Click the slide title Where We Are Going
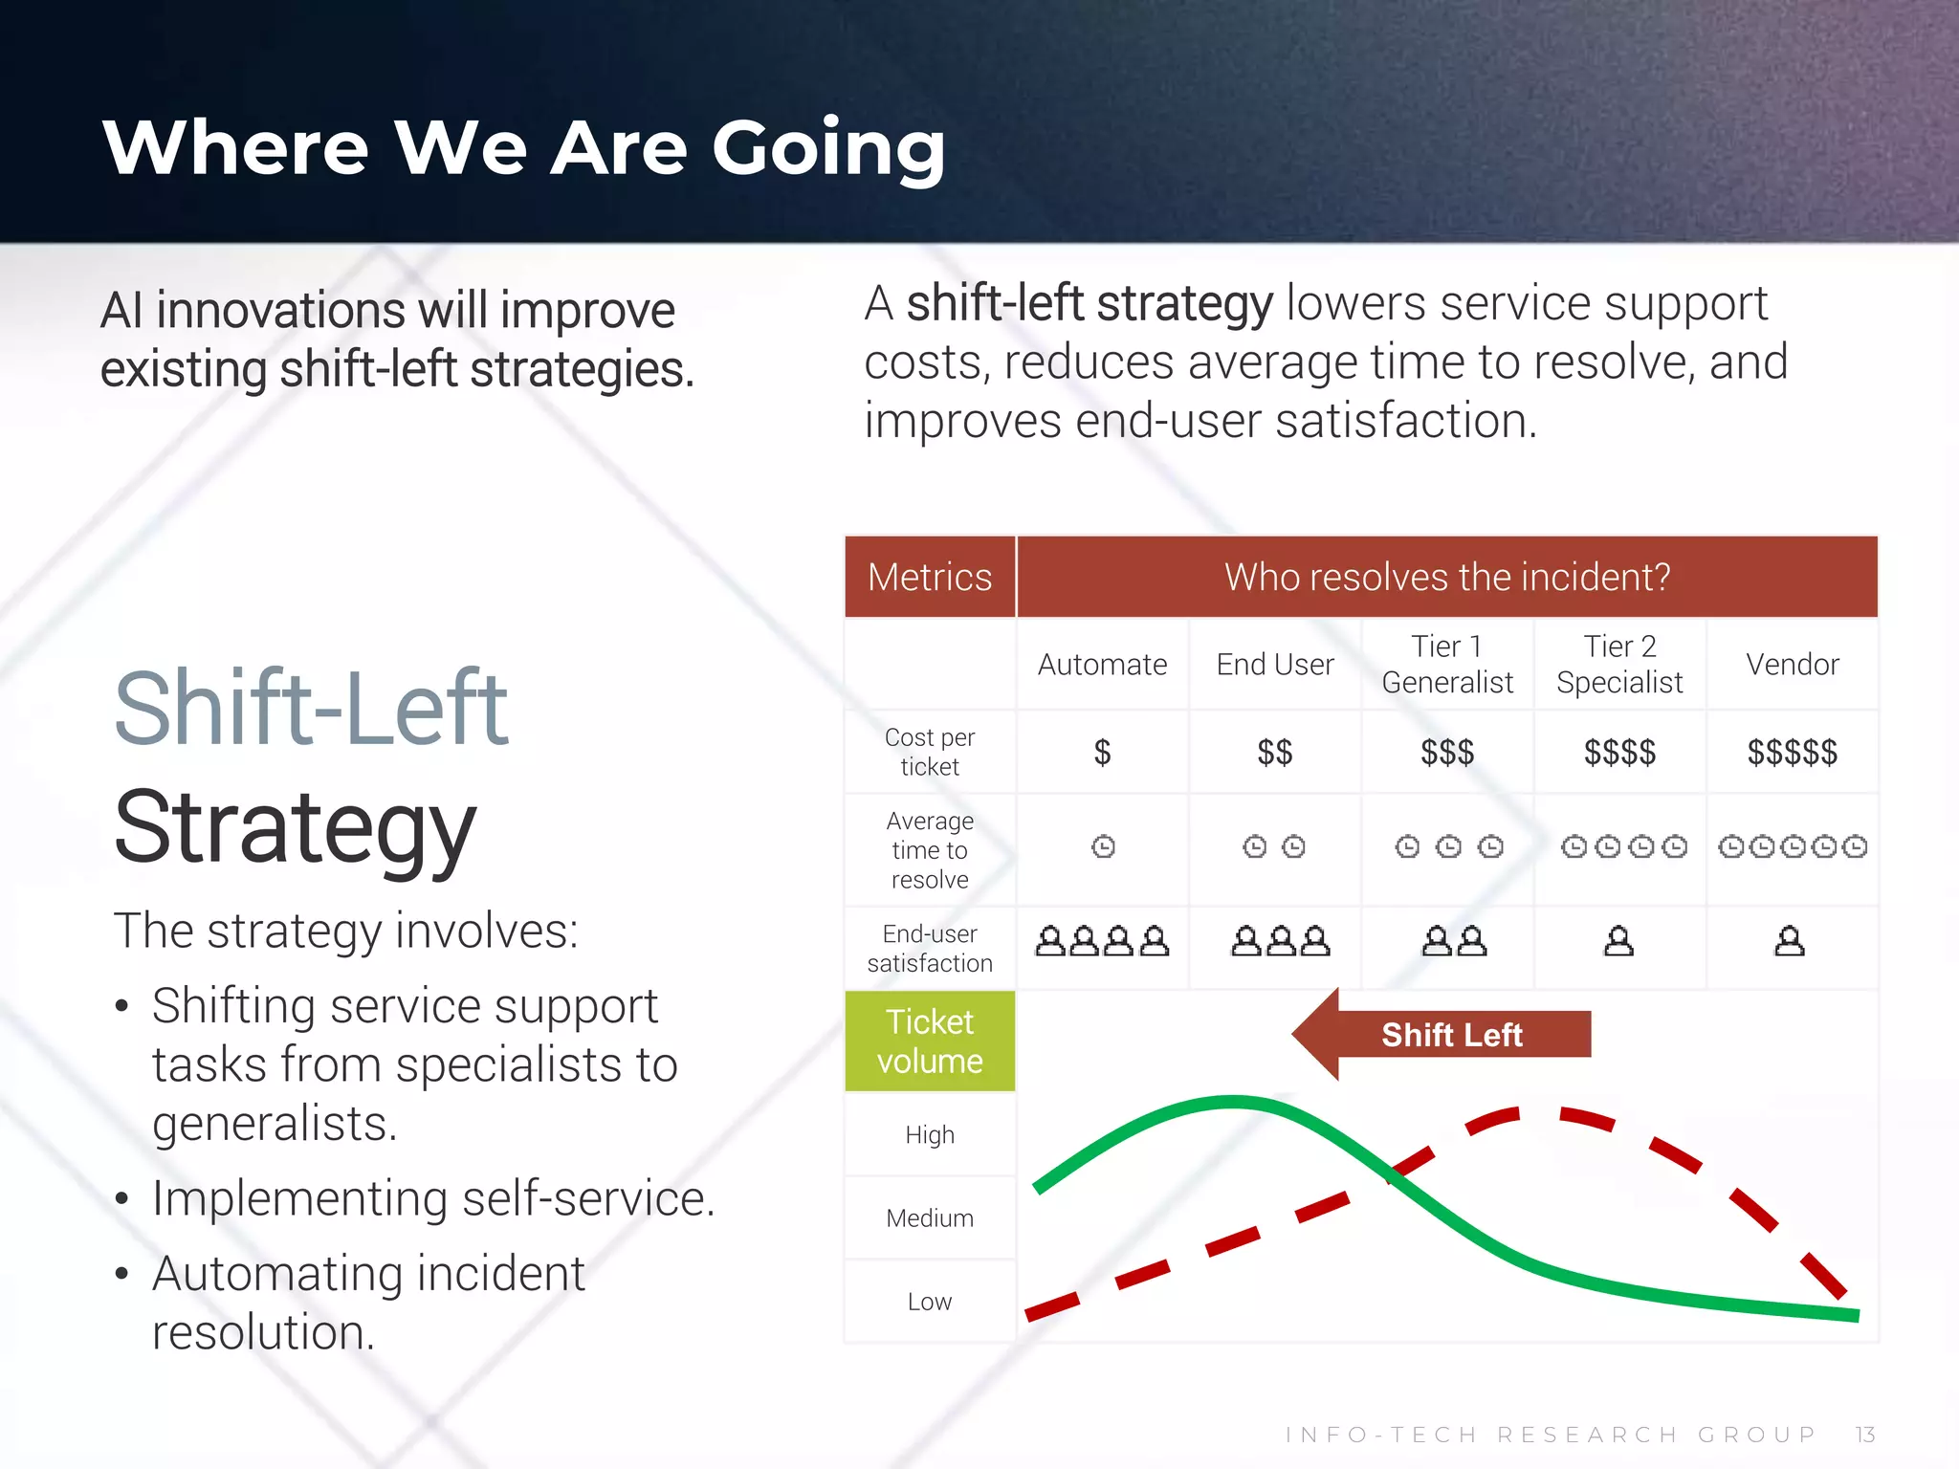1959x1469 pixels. (x=523, y=148)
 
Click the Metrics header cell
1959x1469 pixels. (x=930, y=578)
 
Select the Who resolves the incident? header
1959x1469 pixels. (x=1447, y=578)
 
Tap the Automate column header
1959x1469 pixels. (x=1102, y=665)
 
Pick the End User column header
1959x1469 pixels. (x=1275, y=665)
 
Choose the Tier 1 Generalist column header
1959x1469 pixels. (x=1447, y=665)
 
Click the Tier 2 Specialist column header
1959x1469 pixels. (x=1619, y=665)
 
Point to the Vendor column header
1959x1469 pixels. (x=1793, y=665)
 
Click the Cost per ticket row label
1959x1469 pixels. (x=930, y=752)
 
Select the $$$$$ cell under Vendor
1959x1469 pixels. (x=1793, y=753)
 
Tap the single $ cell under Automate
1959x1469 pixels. (x=1102, y=753)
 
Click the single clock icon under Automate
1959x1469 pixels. (x=1103, y=846)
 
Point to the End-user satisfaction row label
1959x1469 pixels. (x=930, y=948)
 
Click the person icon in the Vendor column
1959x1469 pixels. (x=1790, y=942)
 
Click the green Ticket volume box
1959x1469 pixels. (x=930, y=1041)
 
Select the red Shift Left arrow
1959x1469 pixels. (x=1442, y=1035)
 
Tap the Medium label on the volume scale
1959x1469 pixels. (x=930, y=1218)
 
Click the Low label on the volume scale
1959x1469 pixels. (x=930, y=1302)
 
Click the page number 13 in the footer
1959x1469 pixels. (x=1865, y=1435)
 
